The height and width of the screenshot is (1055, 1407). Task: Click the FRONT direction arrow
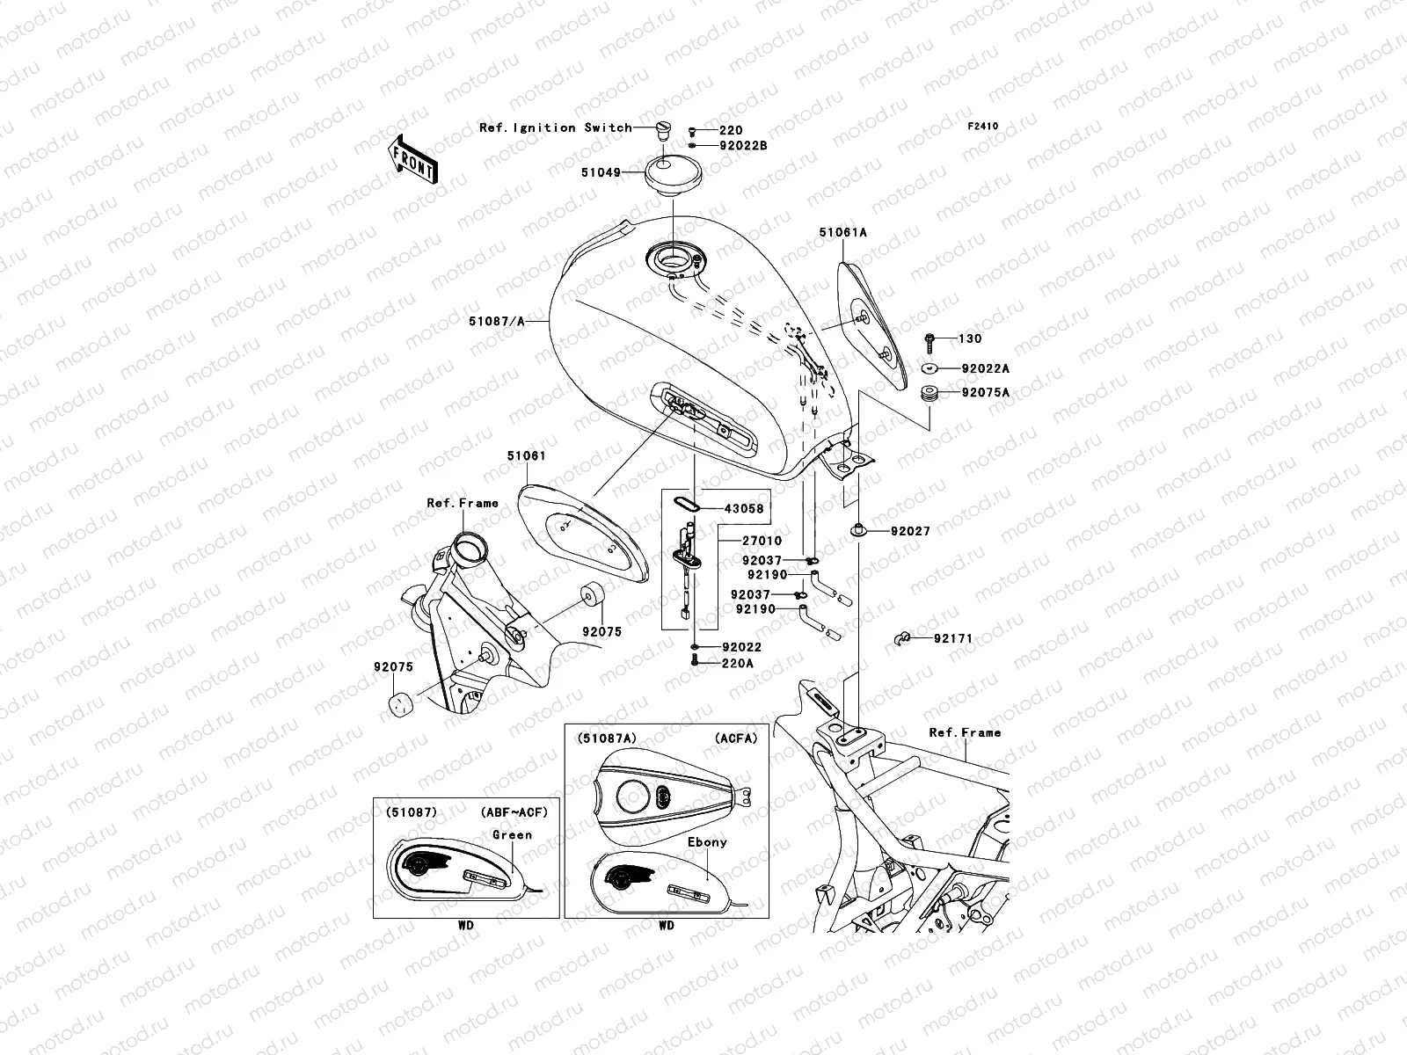(413, 158)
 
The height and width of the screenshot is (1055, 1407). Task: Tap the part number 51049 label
(600, 172)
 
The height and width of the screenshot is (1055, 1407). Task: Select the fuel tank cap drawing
(673, 172)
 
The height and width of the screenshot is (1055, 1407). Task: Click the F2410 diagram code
(983, 127)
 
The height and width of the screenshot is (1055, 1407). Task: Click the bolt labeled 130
(929, 338)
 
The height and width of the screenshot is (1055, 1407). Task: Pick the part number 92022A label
(985, 369)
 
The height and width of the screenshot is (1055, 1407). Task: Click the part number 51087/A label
(496, 322)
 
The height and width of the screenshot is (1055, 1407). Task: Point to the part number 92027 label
(909, 531)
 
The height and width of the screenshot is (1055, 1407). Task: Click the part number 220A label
(737, 664)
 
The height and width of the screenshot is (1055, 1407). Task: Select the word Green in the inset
(512, 834)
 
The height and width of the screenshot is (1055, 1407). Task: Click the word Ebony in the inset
(707, 841)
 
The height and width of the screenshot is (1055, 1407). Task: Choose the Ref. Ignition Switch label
(555, 127)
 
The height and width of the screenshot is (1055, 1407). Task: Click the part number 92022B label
(743, 145)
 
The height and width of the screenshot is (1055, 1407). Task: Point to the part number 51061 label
(526, 456)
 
